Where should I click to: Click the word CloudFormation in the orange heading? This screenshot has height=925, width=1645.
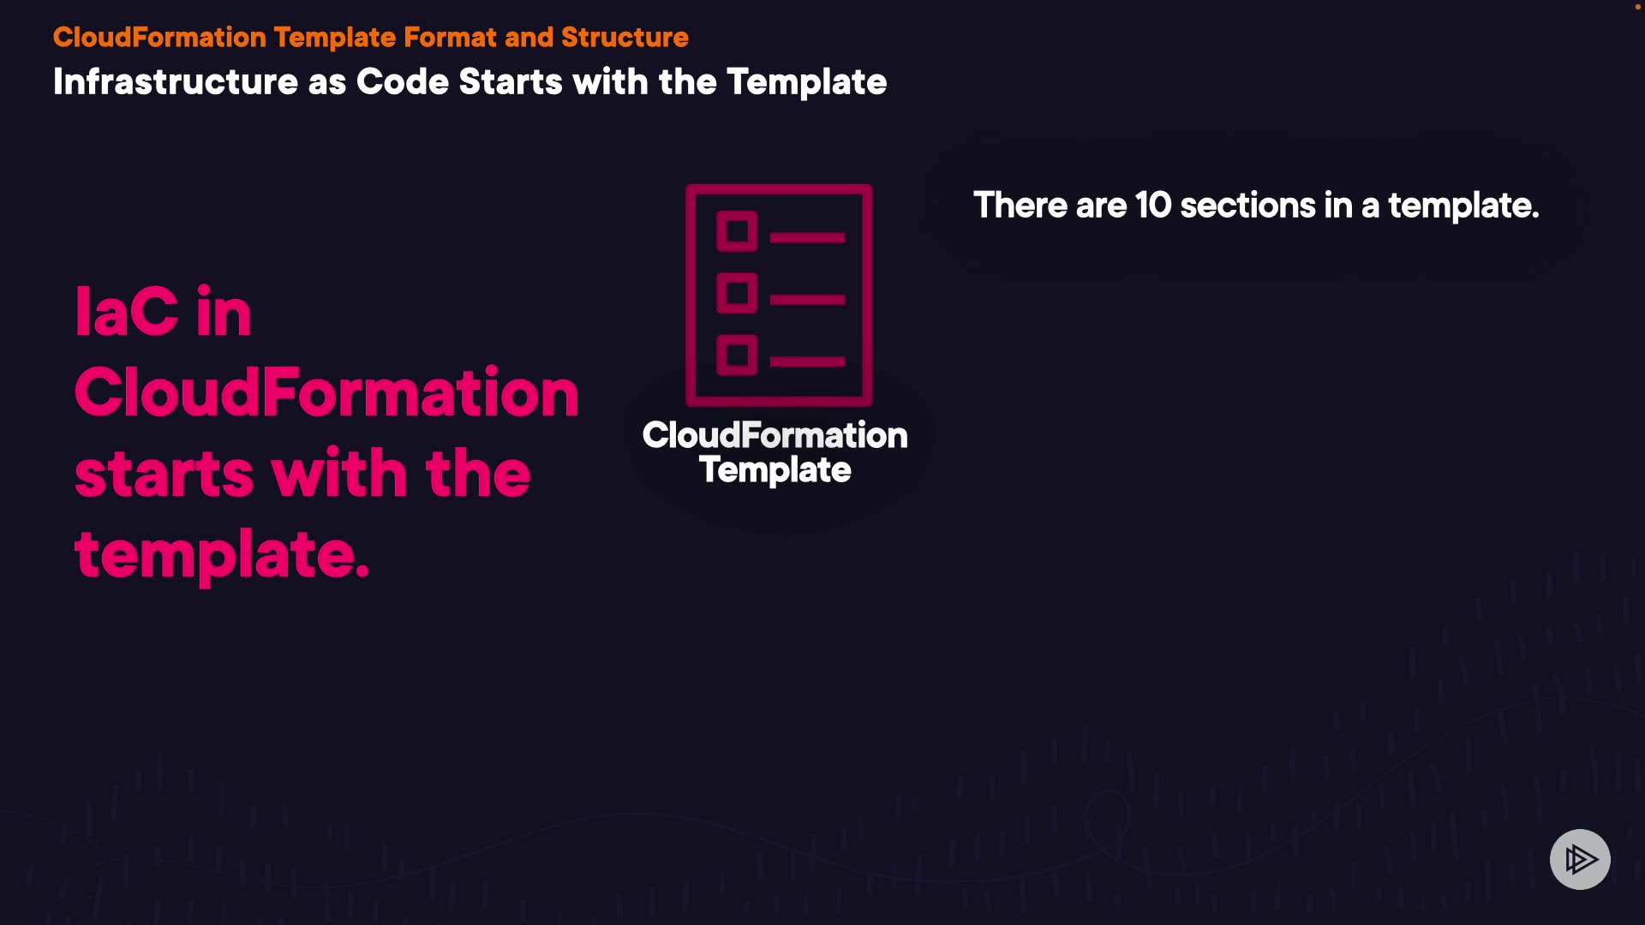159,38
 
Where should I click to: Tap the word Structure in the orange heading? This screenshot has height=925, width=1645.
625,38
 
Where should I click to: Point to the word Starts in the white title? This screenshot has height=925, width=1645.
511,82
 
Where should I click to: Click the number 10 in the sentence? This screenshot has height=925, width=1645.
1152,206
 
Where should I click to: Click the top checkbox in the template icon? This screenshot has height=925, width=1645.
737,231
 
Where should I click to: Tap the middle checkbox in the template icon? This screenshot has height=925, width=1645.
737,293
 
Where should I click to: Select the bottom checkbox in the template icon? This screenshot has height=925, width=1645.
737,355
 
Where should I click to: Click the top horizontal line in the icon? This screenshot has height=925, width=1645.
807,237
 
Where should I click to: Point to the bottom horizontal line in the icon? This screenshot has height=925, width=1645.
807,361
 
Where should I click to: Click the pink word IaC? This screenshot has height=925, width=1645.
127,312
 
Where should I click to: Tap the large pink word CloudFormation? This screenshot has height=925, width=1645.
326,392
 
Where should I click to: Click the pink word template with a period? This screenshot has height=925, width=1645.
222,555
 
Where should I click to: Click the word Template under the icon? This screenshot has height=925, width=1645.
775,470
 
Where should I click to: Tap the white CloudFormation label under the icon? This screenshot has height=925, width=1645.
775,435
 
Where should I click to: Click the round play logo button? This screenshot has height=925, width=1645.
1580,859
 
